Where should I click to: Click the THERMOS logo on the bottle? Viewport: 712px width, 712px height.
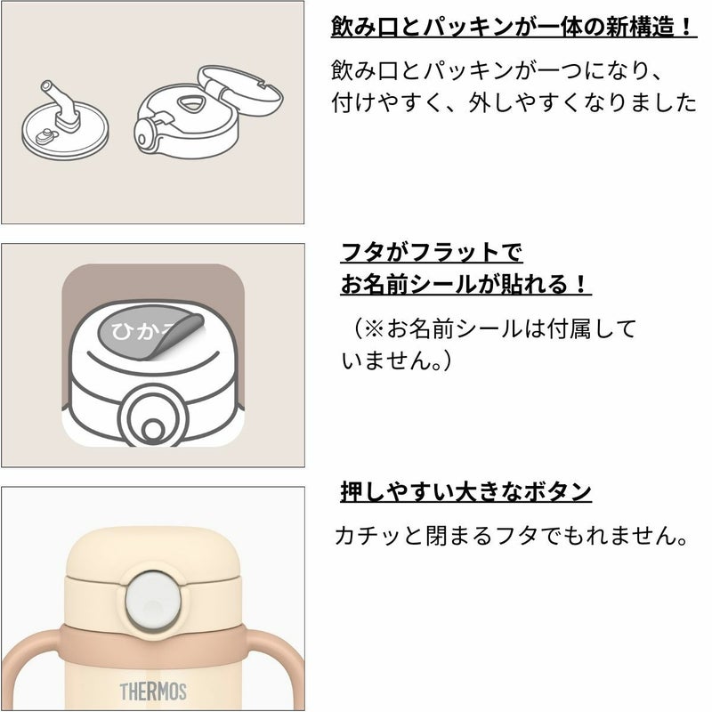point(153,692)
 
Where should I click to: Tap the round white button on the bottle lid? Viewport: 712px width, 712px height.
point(153,600)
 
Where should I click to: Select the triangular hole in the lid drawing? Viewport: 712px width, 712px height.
point(190,105)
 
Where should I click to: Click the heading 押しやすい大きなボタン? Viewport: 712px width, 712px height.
point(465,491)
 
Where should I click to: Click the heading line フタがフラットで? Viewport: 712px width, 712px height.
point(432,252)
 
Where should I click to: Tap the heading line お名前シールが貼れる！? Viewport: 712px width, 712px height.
point(465,284)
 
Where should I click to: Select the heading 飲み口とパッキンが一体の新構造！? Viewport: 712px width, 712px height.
point(514,27)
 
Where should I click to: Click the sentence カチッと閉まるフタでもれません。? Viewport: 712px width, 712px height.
point(511,536)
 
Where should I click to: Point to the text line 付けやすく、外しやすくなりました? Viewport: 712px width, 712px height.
point(514,102)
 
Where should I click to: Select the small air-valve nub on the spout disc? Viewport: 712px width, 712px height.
point(46,135)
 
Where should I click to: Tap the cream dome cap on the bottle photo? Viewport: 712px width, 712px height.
point(153,553)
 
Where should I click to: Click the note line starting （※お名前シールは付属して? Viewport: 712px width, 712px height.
point(489,328)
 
